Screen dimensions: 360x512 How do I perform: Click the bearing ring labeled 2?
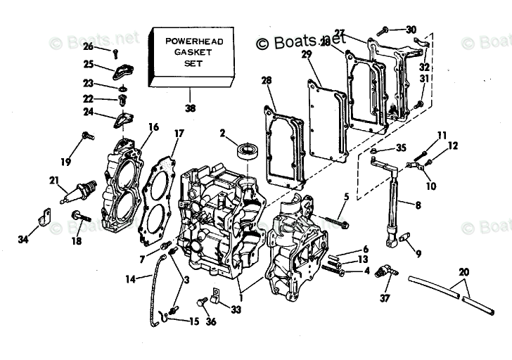tap(247, 149)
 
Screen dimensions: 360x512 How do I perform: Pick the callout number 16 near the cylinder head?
tap(153, 127)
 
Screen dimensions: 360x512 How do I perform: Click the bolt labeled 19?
tap(88, 136)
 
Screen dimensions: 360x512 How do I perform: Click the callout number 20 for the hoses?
tap(463, 272)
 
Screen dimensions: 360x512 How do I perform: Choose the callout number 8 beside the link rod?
tap(418, 205)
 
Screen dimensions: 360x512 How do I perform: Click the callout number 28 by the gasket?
tap(266, 82)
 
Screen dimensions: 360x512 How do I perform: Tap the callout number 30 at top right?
tap(411, 30)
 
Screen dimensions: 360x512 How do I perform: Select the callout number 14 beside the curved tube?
tap(130, 278)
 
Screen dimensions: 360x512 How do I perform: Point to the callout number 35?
tap(401, 148)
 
